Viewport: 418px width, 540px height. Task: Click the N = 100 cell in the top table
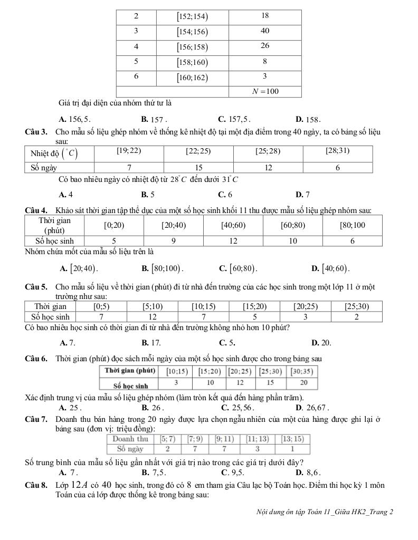tap(265, 91)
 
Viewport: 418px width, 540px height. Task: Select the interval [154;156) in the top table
tap(192, 31)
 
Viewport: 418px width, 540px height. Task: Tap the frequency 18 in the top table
tap(265, 16)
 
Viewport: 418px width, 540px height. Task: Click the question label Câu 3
tap(36, 131)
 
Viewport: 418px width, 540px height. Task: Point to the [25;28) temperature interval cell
tap(268, 151)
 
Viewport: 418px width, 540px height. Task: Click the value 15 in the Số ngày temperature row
tap(198, 167)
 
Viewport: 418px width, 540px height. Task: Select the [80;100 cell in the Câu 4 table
tap(353, 225)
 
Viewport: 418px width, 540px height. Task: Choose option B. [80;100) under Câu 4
tap(162, 268)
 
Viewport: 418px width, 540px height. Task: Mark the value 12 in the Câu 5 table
tap(153, 316)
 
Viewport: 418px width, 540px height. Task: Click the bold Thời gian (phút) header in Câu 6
tap(130, 371)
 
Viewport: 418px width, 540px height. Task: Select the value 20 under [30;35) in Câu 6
tap(303, 383)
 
